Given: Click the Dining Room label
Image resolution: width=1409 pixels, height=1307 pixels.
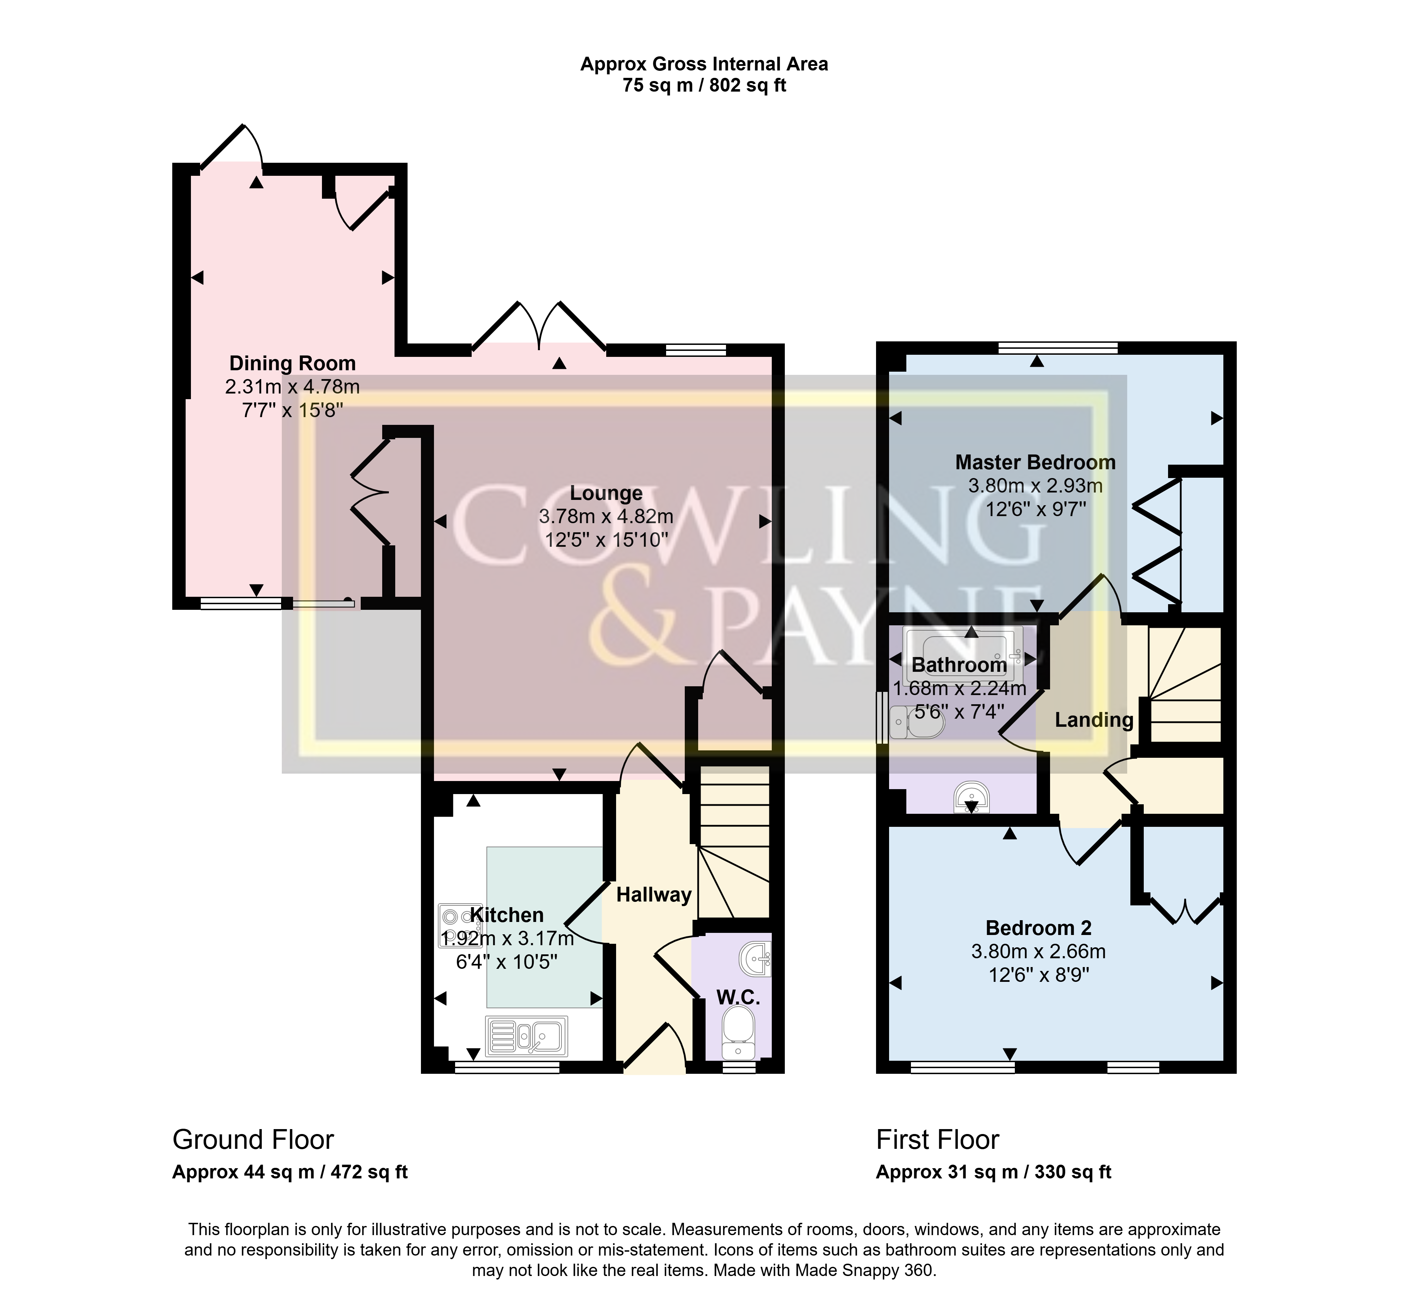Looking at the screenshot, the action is pos(292,364).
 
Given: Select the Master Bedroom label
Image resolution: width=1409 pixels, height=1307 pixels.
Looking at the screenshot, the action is pos(1035,463).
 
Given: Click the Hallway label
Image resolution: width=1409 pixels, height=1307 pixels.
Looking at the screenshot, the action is pos(653,895).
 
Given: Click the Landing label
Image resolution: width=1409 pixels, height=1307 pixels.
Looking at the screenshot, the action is pos(1093,720).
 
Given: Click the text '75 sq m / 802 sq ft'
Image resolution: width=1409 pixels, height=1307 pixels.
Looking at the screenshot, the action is pos(704,86).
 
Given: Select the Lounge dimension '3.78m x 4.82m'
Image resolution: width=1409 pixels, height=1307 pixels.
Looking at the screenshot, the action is pos(606,516).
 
